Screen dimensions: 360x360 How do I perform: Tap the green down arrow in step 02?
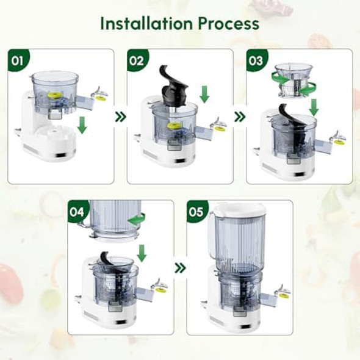click(x=204, y=94)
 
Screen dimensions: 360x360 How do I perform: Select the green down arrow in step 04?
click(x=142, y=252)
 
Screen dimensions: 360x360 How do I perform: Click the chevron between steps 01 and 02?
click(x=120, y=116)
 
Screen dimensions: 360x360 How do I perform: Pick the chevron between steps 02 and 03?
click(x=239, y=116)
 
